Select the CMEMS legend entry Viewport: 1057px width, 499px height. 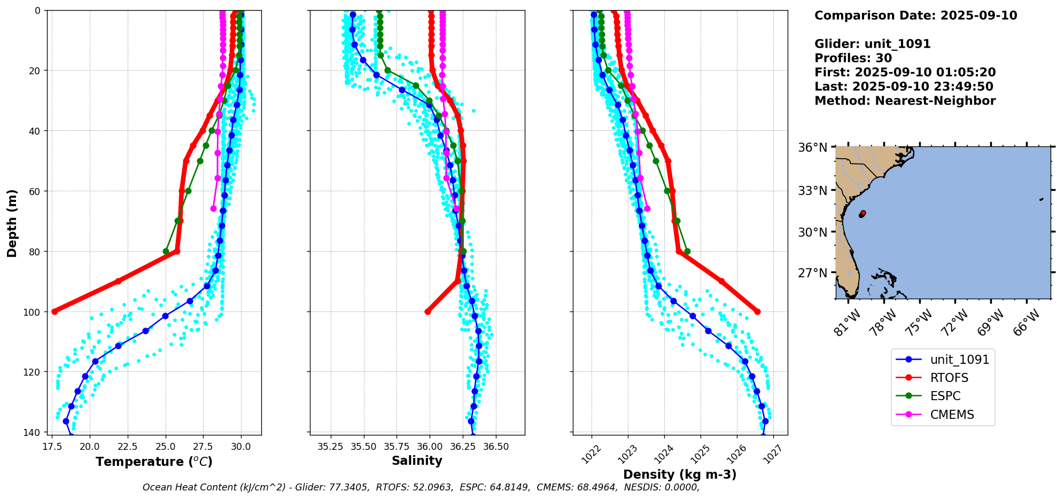click(x=952, y=415)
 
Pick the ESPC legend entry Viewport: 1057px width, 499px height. click(x=945, y=396)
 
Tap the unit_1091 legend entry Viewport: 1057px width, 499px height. click(x=959, y=360)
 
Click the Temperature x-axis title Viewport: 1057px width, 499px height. click(x=154, y=462)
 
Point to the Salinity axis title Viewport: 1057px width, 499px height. click(x=417, y=461)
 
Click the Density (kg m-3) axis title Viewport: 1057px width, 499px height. click(x=680, y=474)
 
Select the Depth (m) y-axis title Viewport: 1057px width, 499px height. click(x=12, y=223)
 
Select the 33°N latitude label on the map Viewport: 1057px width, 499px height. click(x=812, y=191)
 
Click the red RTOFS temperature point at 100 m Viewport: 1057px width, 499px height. click(x=55, y=311)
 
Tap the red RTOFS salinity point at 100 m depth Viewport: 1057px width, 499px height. click(x=428, y=311)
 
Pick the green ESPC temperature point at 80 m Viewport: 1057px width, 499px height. click(x=166, y=251)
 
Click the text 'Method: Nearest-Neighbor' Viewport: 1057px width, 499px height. click(x=905, y=101)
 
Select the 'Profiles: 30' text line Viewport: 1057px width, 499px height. click(x=853, y=58)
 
